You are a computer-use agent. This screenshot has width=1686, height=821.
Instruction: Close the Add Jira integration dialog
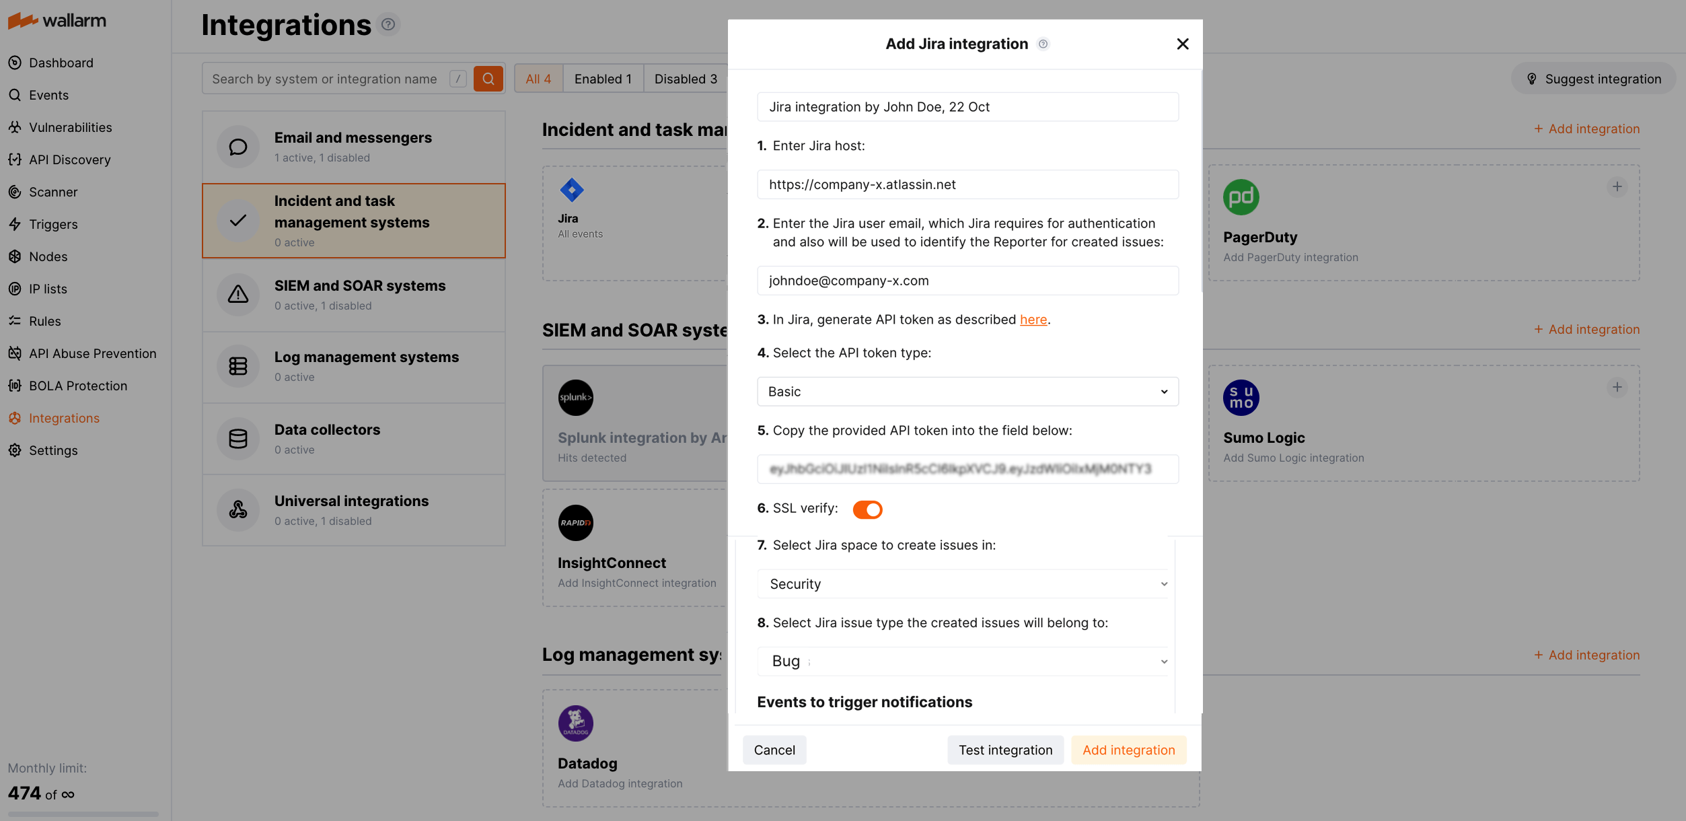click(x=1182, y=44)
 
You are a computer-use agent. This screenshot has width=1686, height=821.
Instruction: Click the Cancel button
click(x=774, y=750)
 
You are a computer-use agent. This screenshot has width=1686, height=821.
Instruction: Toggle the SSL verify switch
click(x=867, y=509)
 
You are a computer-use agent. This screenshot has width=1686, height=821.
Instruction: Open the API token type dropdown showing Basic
click(x=967, y=392)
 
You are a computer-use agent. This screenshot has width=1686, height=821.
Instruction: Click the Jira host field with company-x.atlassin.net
click(x=967, y=184)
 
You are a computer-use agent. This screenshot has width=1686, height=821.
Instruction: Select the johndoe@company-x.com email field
click(x=967, y=281)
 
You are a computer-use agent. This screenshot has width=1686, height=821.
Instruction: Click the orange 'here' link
click(x=1033, y=320)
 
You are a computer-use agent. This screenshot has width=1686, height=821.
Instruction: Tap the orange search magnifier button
click(x=488, y=79)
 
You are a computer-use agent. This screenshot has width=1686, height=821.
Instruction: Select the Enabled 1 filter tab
click(x=602, y=79)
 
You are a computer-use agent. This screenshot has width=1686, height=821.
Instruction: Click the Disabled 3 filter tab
click(x=685, y=79)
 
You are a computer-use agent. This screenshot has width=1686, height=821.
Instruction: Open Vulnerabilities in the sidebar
click(x=70, y=127)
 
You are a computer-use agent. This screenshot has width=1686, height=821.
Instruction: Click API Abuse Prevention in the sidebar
click(x=92, y=353)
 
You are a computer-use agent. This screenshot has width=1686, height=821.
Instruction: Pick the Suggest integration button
click(x=1593, y=79)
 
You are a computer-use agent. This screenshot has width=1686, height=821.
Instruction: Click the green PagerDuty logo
click(x=1241, y=197)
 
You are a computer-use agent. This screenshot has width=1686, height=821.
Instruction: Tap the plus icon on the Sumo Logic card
click(x=1617, y=388)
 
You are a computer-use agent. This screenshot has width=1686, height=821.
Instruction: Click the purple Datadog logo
click(x=575, y=723)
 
